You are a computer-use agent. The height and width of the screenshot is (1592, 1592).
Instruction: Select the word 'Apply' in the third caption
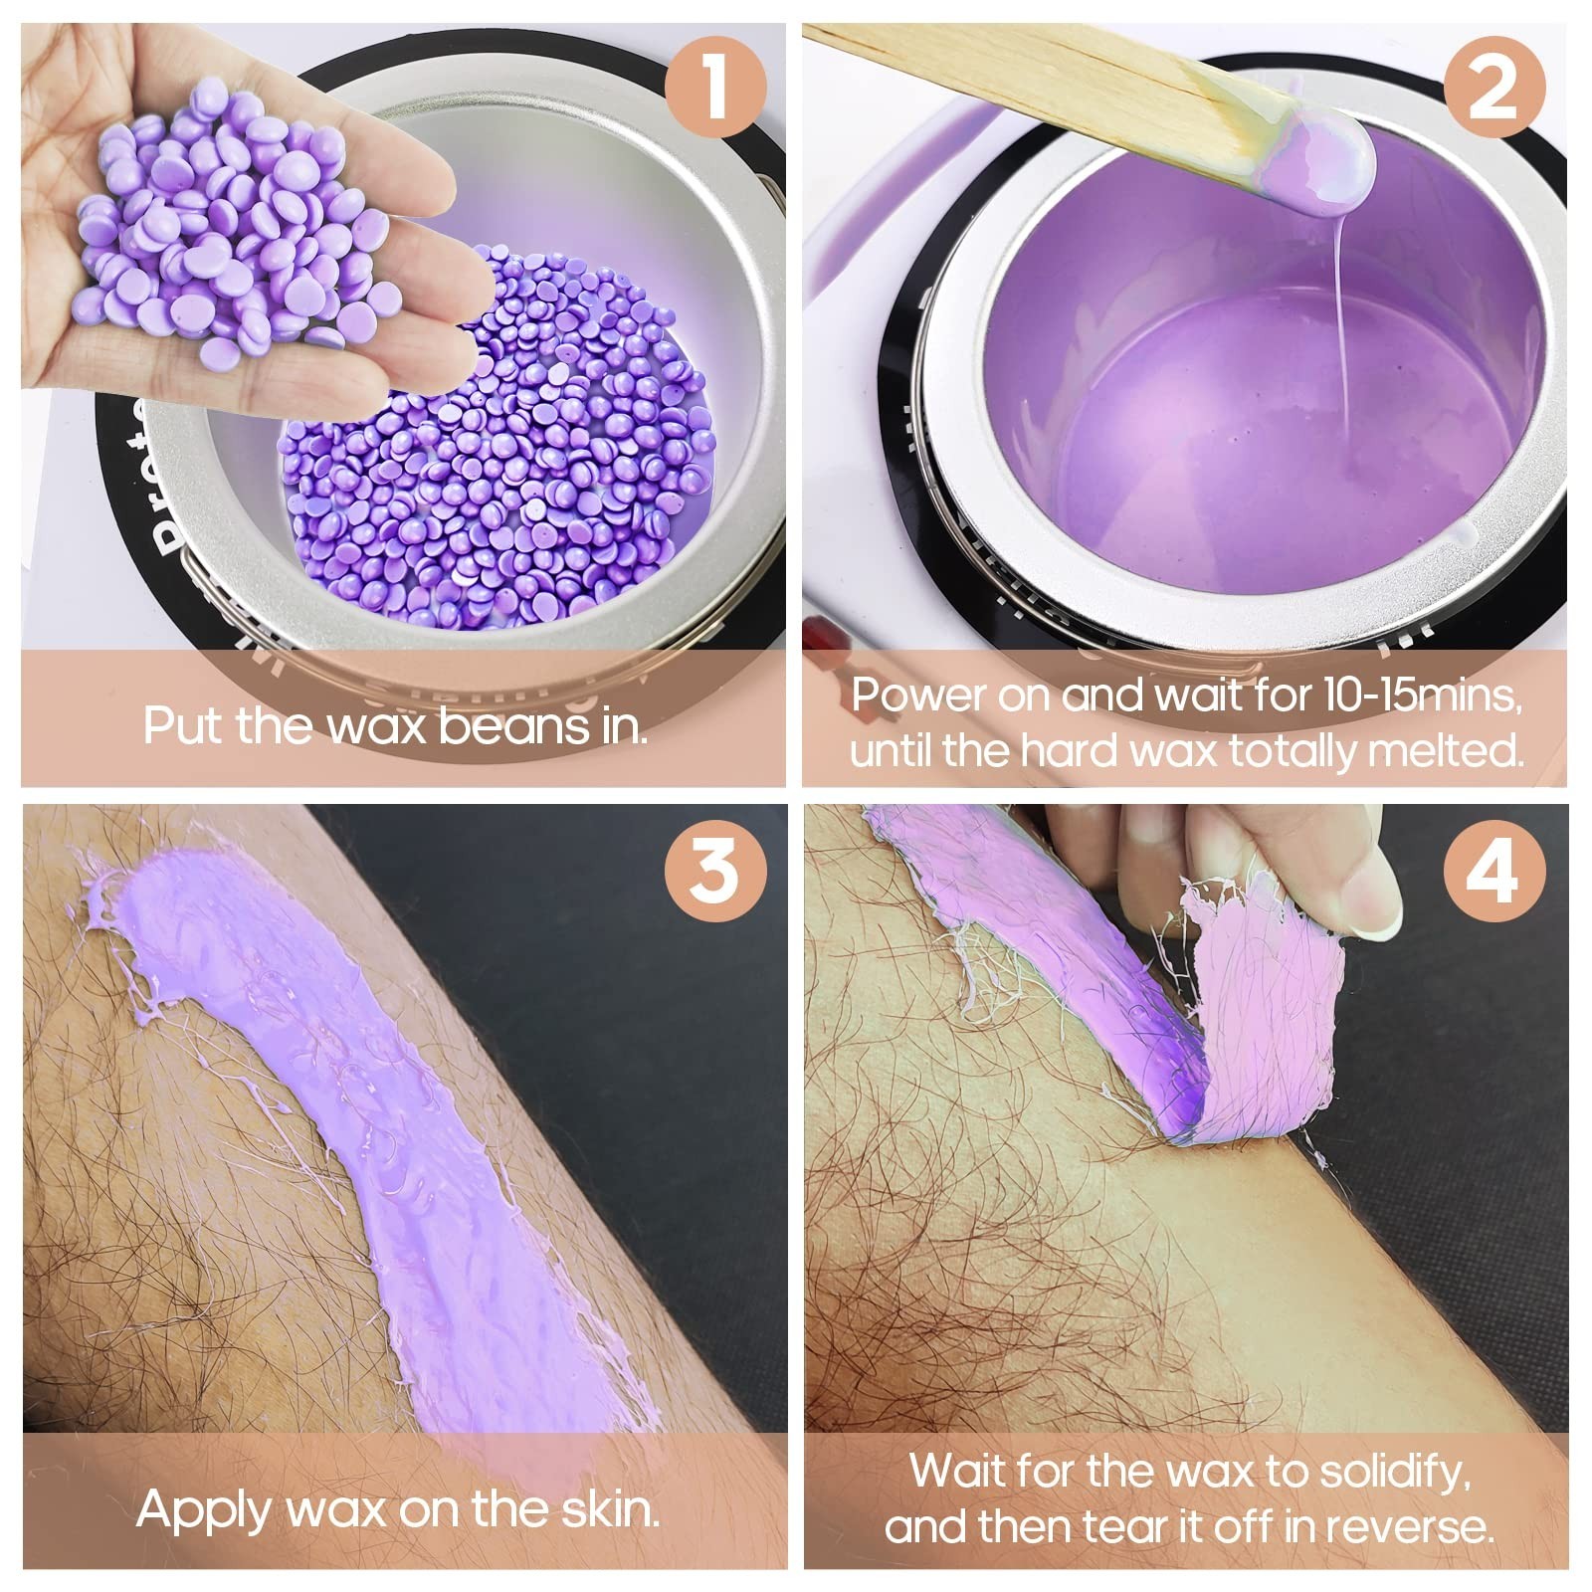205,1512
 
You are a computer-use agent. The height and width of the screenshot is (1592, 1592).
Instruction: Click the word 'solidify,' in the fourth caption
1388,1474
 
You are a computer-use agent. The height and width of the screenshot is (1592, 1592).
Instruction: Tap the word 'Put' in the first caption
185,726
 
